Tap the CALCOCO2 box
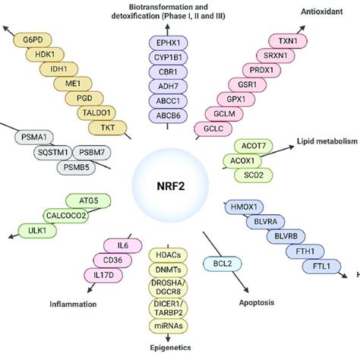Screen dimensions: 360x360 (69, 215)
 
